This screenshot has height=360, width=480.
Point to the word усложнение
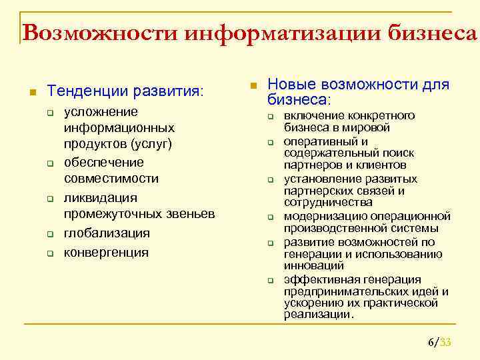click(101, 111)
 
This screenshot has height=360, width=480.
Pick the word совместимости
click(111, 178)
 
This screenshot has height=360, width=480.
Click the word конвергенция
click(106, 252)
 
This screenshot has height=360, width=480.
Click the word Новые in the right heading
click(291, 85)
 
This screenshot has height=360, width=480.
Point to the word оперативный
click(317, 141)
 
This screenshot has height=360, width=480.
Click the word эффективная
click(320, 279)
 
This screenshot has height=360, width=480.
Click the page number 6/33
click(439, 343)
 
